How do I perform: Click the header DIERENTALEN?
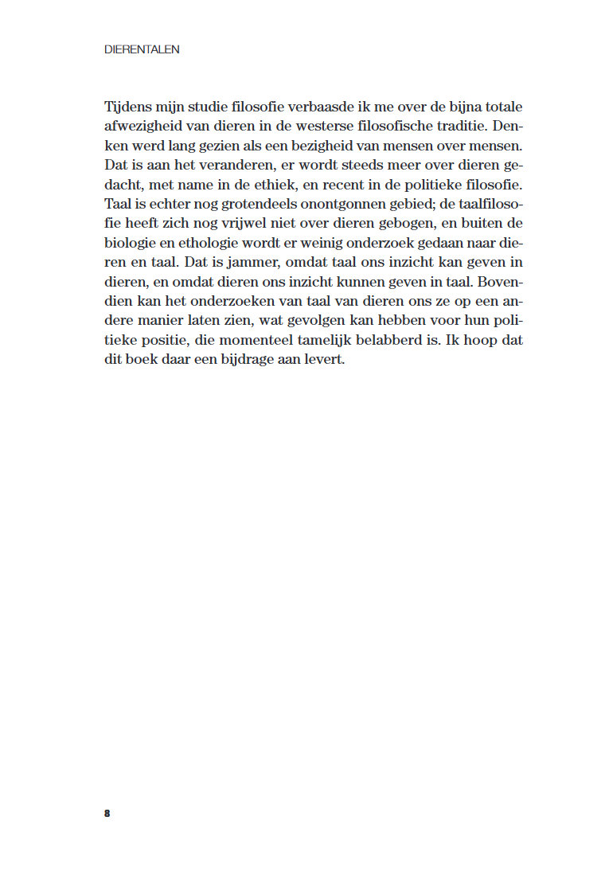point(142,49)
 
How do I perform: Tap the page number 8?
point(107,813)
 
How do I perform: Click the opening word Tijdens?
point(127,107)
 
